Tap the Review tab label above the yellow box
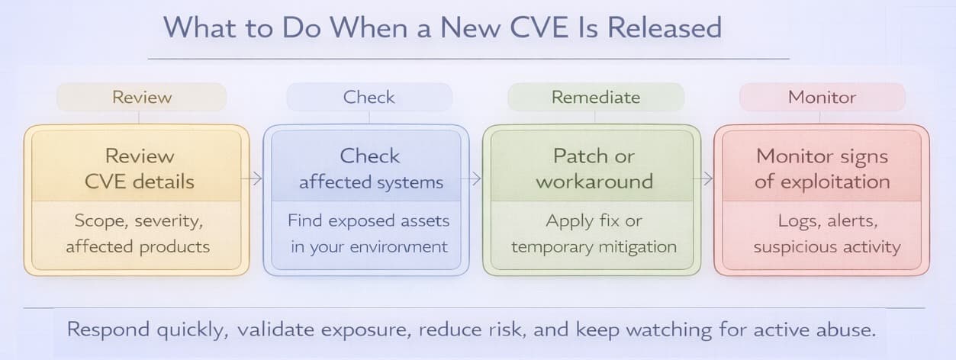pos(142,98)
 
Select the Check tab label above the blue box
pos(369,98)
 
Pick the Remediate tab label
pos(596,98)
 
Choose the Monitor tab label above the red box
pos(822,98)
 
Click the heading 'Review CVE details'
pos(140,169)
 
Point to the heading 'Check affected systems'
pos(370,169)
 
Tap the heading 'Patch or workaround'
pos(594,169)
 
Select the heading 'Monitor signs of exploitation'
pos(822,169)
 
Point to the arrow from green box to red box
pos(707,179)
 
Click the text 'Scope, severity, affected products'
pos(137,234)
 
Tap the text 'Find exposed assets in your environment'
pos(369,234)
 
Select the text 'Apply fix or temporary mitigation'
pos(594,234)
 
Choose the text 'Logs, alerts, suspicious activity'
pos(827,234)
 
